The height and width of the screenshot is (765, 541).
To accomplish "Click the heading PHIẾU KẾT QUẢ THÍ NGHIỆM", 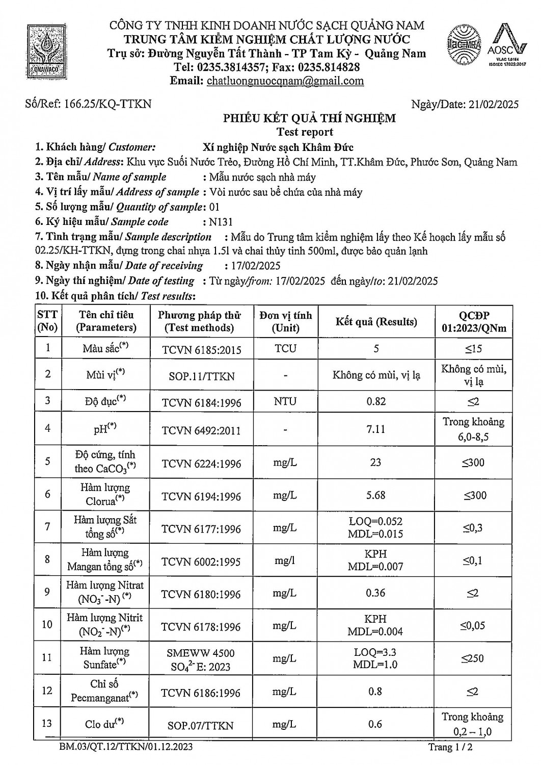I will (x=309, y=118).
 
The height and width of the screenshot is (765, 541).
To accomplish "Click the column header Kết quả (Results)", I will (x=376, y=322).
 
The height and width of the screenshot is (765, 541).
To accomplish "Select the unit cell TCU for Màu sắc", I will (x=285, y=349).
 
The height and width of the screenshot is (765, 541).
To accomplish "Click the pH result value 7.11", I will (x=376, y=429).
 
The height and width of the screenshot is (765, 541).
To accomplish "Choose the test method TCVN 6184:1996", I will (x=201, y=403).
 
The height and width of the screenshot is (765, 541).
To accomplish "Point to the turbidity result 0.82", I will (x=376, y=401).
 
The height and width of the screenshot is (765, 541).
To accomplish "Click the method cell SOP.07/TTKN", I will (x=201, y=725).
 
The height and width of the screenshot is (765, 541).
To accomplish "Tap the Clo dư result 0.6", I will (x=375, y=724).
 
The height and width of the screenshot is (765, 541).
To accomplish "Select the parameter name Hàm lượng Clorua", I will (x=105, y=495).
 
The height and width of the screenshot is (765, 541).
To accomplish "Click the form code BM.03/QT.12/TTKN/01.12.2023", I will (x=126, y=747).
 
